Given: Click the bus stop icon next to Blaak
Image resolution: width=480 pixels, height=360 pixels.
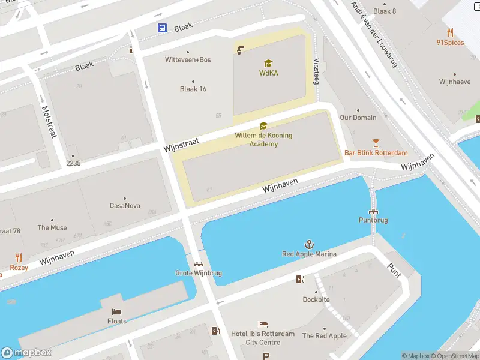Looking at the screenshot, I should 162,28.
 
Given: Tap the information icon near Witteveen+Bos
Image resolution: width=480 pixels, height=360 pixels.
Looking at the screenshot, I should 131,50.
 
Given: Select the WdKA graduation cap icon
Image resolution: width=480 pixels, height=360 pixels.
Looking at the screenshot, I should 268,63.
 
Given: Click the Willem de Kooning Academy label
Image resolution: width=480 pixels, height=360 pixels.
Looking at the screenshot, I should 263,139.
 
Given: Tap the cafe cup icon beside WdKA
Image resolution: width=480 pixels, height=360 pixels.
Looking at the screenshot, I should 241,50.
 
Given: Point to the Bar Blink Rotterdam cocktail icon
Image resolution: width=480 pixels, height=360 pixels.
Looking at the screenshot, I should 376,142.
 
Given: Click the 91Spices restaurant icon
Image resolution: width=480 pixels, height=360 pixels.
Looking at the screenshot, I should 450,32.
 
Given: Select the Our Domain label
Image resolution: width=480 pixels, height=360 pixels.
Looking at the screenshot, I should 358,118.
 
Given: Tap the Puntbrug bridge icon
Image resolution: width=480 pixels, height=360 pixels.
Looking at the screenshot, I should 373,211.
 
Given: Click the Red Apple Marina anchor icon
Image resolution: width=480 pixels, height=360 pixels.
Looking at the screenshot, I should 309,244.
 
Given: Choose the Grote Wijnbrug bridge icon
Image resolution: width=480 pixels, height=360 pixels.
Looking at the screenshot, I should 199,263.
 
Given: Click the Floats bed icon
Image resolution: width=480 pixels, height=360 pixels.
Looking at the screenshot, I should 117,311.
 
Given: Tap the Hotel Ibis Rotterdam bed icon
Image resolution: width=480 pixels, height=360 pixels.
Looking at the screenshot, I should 263,324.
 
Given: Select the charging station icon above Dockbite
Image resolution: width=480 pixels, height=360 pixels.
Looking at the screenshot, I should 300,279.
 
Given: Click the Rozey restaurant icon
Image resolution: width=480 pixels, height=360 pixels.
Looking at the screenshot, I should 19,258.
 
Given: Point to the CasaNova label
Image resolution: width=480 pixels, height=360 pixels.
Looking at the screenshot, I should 125,206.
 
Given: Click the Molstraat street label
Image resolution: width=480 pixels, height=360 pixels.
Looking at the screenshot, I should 49,122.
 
